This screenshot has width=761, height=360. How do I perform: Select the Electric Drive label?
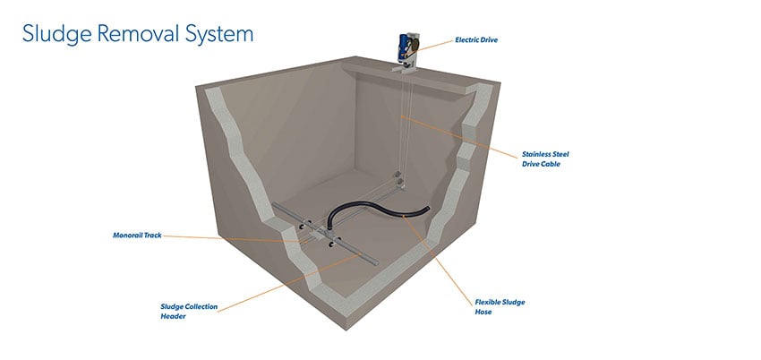[x=476, y=40]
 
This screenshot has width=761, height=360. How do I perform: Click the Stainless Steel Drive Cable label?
[x=545, y=159]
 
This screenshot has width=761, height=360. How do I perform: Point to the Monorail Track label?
[x=137, y=236]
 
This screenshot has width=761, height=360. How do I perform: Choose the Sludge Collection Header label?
[x=189, y=312]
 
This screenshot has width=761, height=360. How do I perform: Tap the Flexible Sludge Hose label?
[x=500, y=307]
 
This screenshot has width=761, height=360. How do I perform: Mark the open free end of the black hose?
[x=428, y=209]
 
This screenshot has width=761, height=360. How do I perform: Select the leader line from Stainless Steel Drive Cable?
[x=459, y=137]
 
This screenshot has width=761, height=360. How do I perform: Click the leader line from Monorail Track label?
[x=235, y=238]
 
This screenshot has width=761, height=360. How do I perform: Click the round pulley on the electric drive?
[x=413, y=46]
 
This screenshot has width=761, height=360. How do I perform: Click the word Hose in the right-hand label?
[x=483, y=312]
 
